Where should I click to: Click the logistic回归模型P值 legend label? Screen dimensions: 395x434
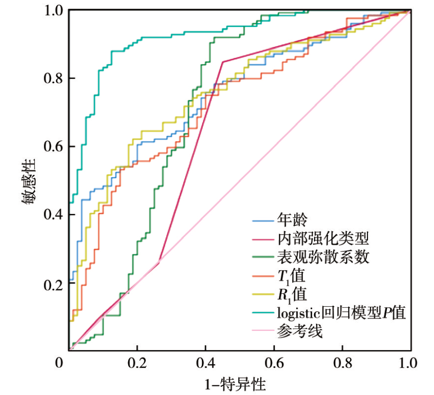tap(342, 312)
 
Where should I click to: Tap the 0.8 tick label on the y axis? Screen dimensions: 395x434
tap(53, 78)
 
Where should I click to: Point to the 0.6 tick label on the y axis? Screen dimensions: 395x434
tap(53, 146)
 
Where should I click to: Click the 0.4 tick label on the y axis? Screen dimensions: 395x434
tap(53, 215)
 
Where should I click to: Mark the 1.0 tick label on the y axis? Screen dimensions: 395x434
tap(53, 10)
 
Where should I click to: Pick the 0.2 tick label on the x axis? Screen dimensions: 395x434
tap(137, 362)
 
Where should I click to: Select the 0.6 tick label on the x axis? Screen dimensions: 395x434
tap(274, 362)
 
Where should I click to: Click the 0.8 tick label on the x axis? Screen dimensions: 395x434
tap(342, 362)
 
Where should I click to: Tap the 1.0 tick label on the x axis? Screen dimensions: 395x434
tap(410, 362)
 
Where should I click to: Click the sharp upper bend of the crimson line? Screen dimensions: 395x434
tap(223, 62)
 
